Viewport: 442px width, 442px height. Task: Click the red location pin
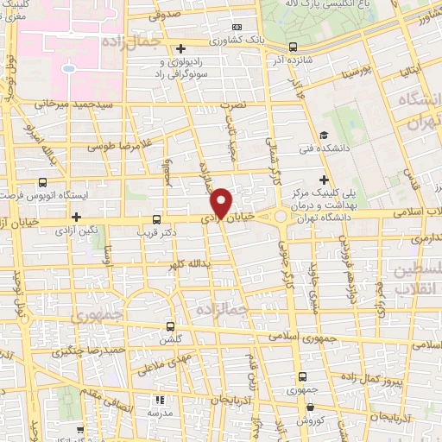click(x=222, y=204)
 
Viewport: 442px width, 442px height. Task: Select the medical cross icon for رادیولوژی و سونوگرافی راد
click(x=180, y=48)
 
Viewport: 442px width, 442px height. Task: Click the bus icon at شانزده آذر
click(x=293, y=47)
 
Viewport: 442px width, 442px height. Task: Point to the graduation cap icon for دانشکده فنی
click(x=323, y=134)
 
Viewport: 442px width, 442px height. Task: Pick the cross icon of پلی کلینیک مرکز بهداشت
click(x=323, y=181)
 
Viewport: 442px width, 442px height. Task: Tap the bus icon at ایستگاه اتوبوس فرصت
click(x=43, y=182)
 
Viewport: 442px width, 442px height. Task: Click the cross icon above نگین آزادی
click(x=77, y=217)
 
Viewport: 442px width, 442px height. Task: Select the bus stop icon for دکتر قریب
click(x=155, y=218)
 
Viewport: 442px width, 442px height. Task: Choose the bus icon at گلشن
click(x=171, y=326)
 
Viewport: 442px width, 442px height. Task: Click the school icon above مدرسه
click(x=159, y=400)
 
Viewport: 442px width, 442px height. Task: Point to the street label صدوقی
click(x=164, y=15)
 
